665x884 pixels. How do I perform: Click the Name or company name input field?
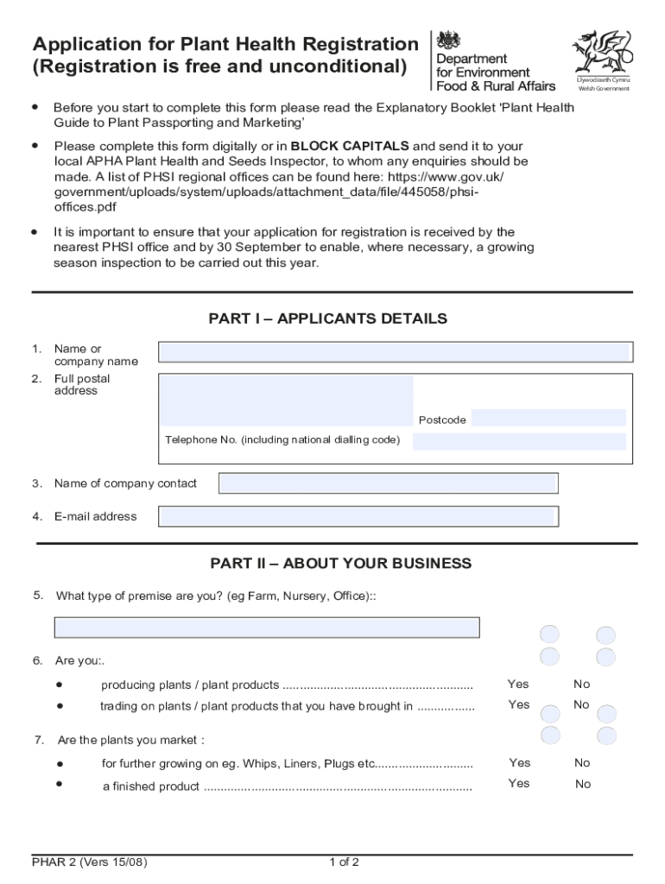coord(396,351)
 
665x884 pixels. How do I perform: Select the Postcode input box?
coord(548,419)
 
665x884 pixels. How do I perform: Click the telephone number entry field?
coord(519,442)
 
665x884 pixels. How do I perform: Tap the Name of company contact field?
coord(388,483)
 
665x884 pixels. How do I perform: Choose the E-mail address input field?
coord(358,516)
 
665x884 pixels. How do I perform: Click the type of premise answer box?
coord(267,628)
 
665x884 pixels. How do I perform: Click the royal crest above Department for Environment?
coord(447,41)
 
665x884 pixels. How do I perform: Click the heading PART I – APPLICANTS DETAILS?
coord(328,319)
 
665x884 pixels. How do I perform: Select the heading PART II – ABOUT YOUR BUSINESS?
coord(340,564)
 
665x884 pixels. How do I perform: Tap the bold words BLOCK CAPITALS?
coord(350,146)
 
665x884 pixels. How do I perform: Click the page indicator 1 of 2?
coord(344,862)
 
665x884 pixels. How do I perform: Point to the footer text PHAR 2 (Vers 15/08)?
coord(83,862)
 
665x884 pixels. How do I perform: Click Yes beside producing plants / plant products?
coord(518,685)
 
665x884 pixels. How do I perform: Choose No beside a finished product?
coord(583,784)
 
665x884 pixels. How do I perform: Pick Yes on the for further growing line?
coord(520,763)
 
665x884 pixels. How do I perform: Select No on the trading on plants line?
coord(581,705)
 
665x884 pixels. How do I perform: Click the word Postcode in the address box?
coord(442,420)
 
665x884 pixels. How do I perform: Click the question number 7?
coord(38,740)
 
